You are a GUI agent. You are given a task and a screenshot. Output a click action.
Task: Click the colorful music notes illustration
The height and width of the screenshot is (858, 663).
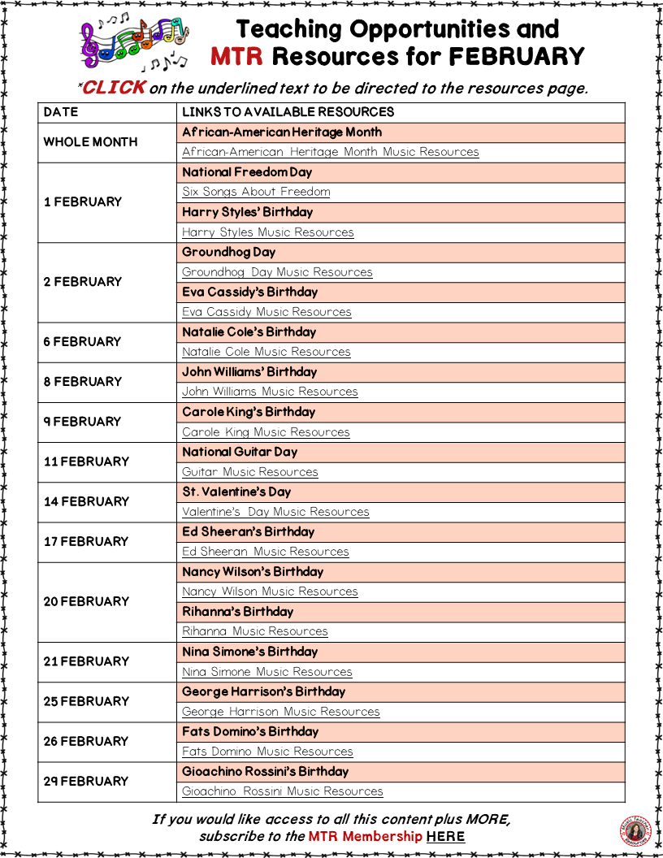[x=135, y=44]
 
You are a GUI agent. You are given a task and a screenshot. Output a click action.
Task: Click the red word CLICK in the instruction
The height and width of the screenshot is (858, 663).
[x=114, y=88]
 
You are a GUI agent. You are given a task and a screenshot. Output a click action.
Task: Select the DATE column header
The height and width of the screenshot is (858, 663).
[x=61, y=112]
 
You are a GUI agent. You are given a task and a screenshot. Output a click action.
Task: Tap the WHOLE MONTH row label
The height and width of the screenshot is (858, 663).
[x=90, y=141]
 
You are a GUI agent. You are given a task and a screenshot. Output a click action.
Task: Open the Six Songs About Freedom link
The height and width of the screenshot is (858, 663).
[x=256, y=192]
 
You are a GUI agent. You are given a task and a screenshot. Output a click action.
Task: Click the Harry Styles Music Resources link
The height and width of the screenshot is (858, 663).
[x=267, y=232]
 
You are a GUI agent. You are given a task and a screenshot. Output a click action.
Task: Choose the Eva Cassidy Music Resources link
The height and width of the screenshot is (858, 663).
[x=266, y=312]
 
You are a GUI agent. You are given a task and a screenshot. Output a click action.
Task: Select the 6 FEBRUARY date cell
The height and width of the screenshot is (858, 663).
[x=82, y=341]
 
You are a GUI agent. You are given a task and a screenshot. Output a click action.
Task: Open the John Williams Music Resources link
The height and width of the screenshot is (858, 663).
[x=270, y=392]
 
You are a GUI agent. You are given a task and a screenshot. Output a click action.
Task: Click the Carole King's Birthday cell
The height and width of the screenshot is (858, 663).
[x=249, y=412]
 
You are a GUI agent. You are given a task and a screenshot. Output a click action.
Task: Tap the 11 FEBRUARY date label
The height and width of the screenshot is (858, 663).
[x=86, y=461]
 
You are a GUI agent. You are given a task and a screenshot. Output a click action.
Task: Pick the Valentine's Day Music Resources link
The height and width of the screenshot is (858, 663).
[x=275, y=512]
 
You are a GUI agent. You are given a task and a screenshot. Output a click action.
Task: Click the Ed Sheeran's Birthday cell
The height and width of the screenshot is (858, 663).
[x=248, y=531]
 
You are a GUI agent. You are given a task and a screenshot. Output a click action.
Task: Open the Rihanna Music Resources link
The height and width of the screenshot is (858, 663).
[x=254, y=631]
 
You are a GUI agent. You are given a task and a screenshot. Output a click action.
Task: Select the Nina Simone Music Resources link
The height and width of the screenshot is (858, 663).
[x=266, y=672]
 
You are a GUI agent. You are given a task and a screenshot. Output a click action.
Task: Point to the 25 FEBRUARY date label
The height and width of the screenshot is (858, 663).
[x=86, y=701]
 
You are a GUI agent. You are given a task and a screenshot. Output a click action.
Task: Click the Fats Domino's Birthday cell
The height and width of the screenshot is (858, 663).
[x=250, y=731]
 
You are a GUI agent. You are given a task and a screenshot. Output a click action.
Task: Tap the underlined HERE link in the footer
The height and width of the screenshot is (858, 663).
[x=445, y=836]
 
